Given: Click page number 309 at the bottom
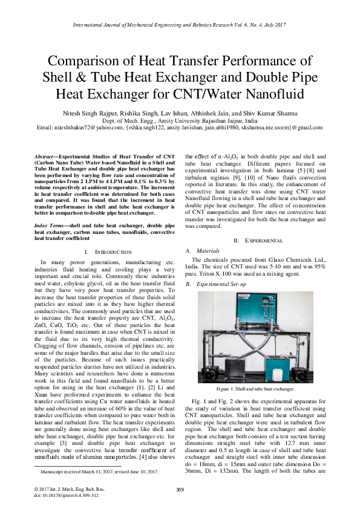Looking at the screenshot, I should (180, 489).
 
